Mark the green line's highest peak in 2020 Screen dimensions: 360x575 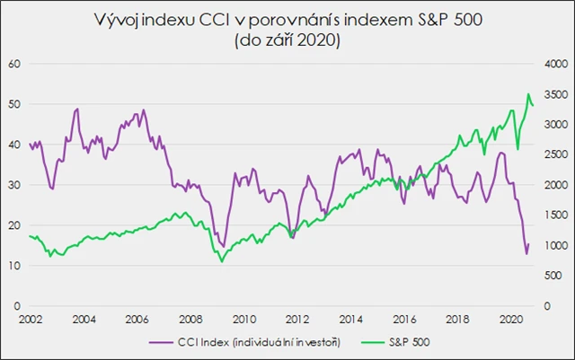[528, 94]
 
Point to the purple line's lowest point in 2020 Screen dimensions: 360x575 [526, 254]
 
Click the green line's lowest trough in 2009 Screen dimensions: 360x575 [222, 261]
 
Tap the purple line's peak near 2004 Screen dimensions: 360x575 [77, 109]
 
